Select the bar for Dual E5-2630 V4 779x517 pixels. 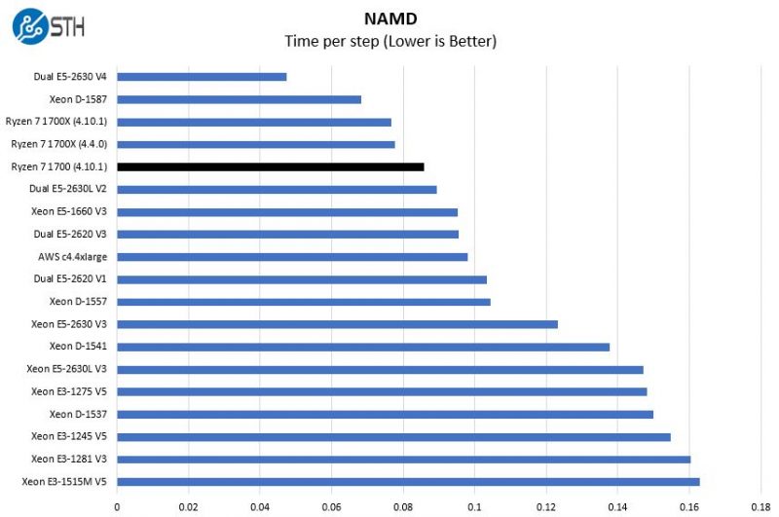click(202, 76)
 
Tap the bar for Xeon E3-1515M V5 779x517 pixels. click(408, 481)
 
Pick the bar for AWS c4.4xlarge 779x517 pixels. click(292, 257)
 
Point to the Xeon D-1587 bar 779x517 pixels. click(239, 99)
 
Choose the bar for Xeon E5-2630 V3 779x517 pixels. click(337, 324)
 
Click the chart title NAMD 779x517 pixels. click(389, 18)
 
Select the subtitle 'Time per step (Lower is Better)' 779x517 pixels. click(389, 41)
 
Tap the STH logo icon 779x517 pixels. click(29, 26)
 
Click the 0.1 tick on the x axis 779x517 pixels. click(474, 506)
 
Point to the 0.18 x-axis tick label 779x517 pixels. click(760, 506)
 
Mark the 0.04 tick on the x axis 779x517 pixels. click(260, 506)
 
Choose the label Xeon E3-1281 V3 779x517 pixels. click(68, 460)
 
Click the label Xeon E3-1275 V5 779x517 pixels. click(68, 391)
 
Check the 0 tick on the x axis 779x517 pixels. click(117, 506)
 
